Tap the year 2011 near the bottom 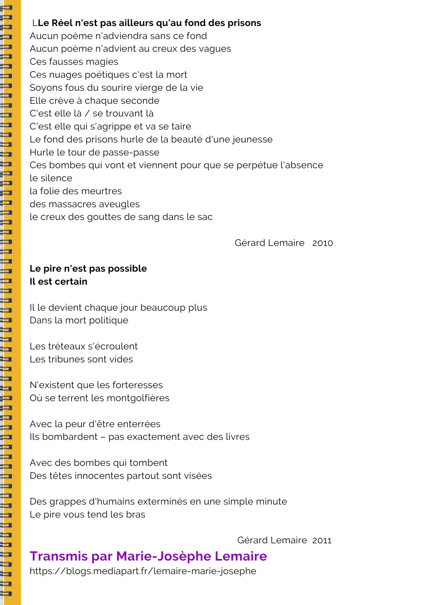[322, 540]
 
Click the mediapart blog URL [143, 571]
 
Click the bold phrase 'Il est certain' [58, 282]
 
